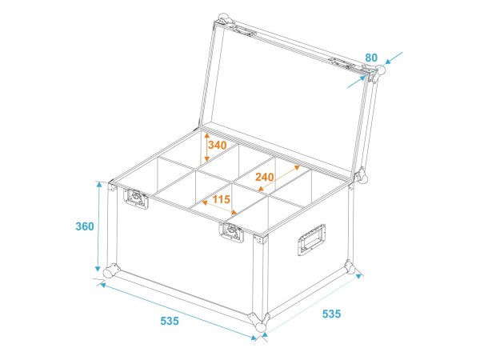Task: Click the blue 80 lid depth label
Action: [371, 58]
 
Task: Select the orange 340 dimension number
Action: [218, 145]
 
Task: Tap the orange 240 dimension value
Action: [265, 177]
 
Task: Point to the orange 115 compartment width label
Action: [221, 199]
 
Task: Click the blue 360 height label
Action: [85, 226]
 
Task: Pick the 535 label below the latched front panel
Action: [170, 321]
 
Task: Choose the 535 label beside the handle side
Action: [331, 314]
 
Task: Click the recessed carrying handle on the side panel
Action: [311, 239]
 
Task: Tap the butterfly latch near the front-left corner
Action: [136, 198]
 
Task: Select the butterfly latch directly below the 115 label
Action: [231, 232]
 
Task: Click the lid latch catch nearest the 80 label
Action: [344, 62]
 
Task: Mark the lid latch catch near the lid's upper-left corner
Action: [244, 31]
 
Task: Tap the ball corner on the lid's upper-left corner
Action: [223, 19]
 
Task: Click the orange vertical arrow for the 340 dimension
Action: [207, 146]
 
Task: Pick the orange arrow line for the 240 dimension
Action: [279, 178]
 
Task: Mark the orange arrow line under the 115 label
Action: [219, 207]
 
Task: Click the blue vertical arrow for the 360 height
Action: [98, 226]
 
